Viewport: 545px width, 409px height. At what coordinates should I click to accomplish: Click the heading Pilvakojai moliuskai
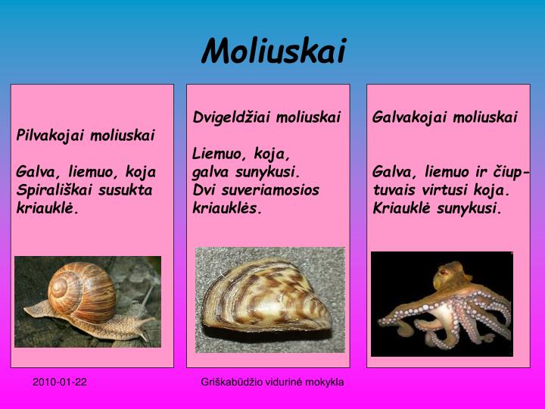[86, 136]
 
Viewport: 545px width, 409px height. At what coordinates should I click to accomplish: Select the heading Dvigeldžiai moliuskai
[267, 117]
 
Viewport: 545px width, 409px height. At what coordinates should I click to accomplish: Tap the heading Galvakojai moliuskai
[445, 117]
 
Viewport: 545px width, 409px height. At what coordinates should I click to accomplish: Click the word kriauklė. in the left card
[48, 207]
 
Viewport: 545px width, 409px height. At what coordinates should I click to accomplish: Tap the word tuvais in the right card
[393, 189]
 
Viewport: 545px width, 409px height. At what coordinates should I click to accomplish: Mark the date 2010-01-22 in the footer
[60, 382]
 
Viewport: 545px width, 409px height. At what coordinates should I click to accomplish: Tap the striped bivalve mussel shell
[269, 298]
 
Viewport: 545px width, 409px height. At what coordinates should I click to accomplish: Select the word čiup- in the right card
[512, 172]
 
